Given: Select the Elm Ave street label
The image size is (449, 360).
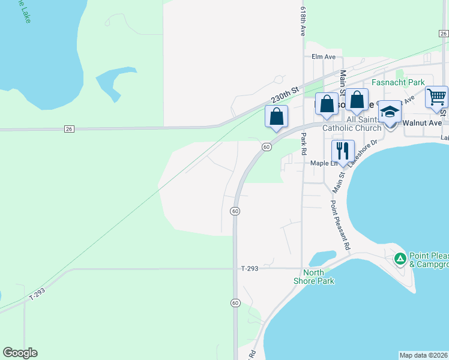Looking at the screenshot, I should coord(324,57).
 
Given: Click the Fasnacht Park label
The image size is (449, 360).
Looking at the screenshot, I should coord(398,82).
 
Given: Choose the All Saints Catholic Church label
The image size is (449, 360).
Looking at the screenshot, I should coord(351,124).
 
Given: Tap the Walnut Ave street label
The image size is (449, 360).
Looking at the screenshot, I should coord(422,122).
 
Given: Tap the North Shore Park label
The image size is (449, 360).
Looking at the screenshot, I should coord(313,277).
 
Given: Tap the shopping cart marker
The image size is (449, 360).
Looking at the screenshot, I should coord(436,97).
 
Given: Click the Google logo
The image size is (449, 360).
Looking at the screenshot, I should coord(20,353).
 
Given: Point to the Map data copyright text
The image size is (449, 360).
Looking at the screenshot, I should coord(423,355).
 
